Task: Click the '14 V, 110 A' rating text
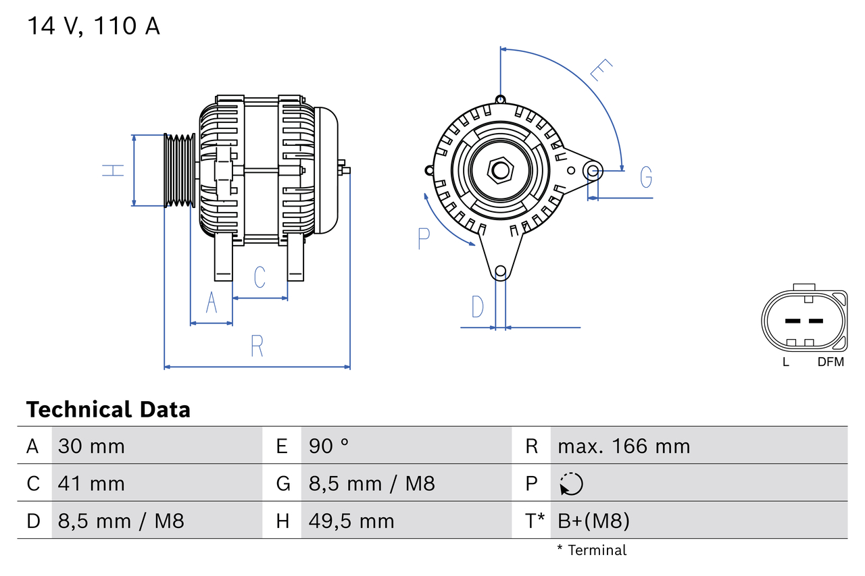click(94, 26)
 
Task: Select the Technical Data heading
click(108, 409)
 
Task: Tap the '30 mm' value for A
click(91, 446)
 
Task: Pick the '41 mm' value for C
click(91, 483)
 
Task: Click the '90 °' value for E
click(329, 446)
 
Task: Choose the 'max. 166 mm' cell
click(624, 446)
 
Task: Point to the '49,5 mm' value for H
click(351, 521)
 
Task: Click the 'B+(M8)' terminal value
click(593, 521)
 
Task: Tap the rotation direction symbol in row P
click(571, 483)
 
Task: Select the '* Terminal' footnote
click(592, 550)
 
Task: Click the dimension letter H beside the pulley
click(114, 170)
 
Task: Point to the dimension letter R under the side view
click(257, 346)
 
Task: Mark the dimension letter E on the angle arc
click(601, 70)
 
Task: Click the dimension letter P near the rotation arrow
click(424, 238)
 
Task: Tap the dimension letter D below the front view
click(478, 307)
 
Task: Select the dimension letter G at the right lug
click(646, 177)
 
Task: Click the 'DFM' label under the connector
click(831, 362)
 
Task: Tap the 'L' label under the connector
click(785, 362)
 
